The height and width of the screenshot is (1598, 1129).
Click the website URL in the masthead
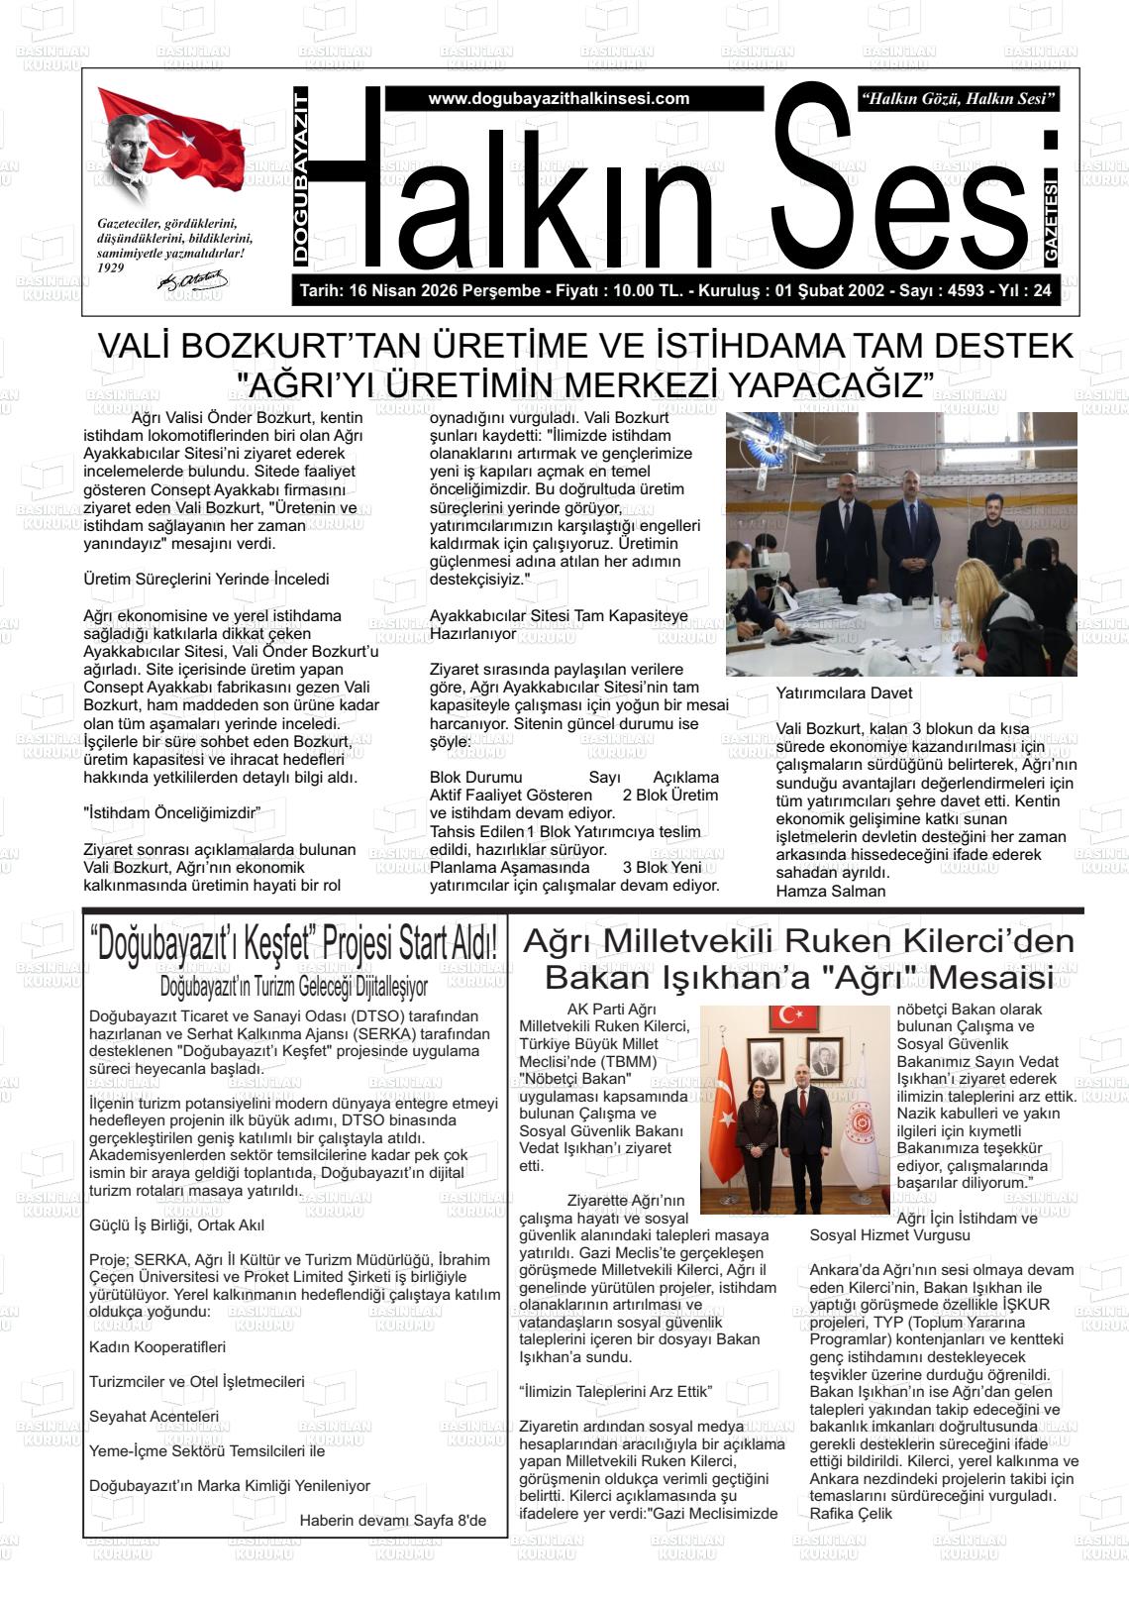(559, 99)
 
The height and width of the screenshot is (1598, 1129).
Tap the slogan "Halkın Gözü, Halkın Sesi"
(960, 99)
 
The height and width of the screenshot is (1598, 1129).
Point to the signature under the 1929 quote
(192, 281)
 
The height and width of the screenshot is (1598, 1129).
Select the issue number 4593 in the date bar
(966, 291)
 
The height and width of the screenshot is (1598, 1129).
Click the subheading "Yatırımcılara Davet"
(844, 693)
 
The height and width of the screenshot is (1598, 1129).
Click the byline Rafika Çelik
(851, 1514)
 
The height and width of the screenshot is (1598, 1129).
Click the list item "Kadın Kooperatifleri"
(157, 1347)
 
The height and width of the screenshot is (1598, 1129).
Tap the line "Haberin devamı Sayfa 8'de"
(392, 1520)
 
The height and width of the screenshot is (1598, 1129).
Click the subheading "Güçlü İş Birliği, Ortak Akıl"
(176, 1225)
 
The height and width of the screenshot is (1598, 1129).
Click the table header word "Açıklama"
(685, 778)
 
